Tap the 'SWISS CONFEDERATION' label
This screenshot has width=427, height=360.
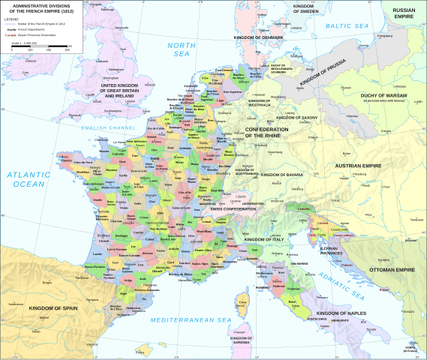coord(239,208)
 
